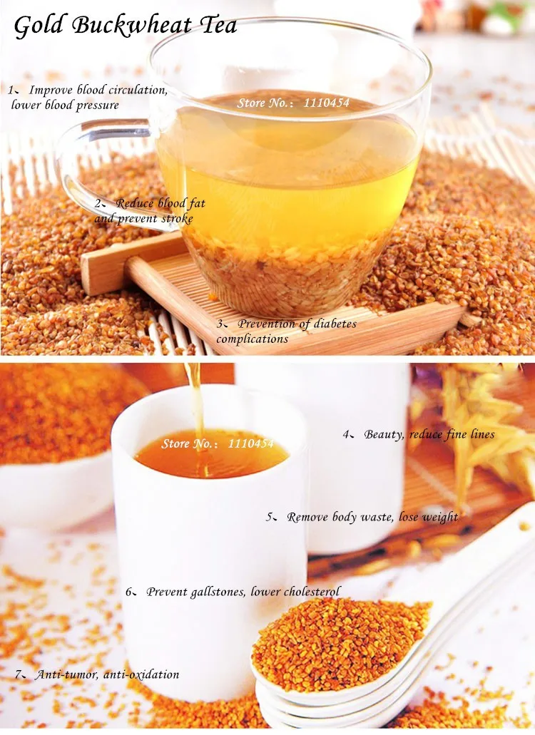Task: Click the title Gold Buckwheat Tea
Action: [125, 26]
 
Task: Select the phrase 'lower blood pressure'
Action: [65, 105]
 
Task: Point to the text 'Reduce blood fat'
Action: [160, 203]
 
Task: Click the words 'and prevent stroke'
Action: [143, 218]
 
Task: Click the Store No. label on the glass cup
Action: [293, 103]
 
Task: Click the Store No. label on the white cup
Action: [217, 443]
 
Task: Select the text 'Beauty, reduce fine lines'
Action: [429, 434]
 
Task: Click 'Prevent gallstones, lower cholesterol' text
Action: [243, 592]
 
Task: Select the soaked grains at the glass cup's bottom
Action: [285, 278]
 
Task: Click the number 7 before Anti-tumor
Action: [17, 674]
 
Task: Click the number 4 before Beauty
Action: [345, 434]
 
